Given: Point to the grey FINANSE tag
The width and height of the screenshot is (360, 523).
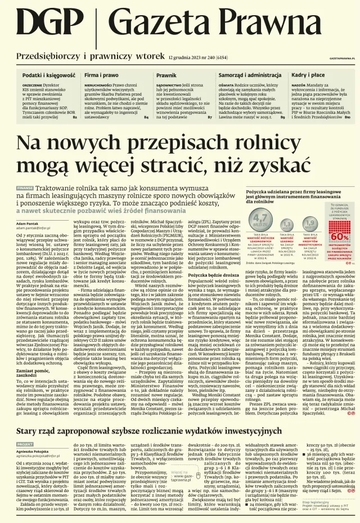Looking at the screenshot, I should [x=25, y=188].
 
